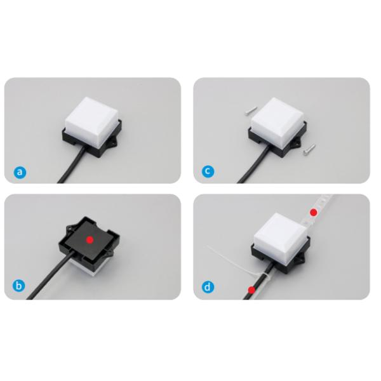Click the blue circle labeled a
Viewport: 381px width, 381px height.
20,172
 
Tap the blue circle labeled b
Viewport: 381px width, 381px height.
18,286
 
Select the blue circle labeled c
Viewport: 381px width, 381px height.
208,171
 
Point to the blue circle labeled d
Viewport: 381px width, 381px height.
208,287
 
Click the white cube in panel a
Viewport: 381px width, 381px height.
92,117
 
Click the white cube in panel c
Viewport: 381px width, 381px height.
277,118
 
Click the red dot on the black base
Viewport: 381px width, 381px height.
90,240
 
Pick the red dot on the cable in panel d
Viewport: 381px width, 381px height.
251,290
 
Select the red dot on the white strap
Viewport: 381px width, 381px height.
314,213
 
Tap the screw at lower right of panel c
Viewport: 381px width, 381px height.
309,149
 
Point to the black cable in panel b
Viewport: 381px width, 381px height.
50,276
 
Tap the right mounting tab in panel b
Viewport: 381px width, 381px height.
110,253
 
